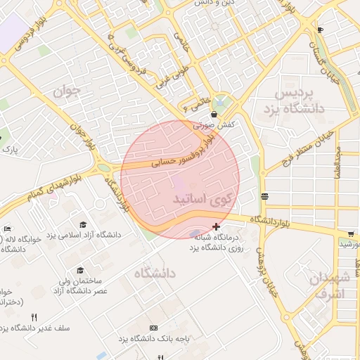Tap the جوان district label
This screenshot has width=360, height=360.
62,91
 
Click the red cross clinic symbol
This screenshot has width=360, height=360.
216,226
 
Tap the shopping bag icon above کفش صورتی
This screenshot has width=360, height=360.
214,112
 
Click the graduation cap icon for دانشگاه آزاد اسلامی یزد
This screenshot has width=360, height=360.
83,224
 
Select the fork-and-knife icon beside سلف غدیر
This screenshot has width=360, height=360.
34,317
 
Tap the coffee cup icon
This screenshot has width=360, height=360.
320,30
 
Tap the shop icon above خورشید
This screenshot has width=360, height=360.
351,233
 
